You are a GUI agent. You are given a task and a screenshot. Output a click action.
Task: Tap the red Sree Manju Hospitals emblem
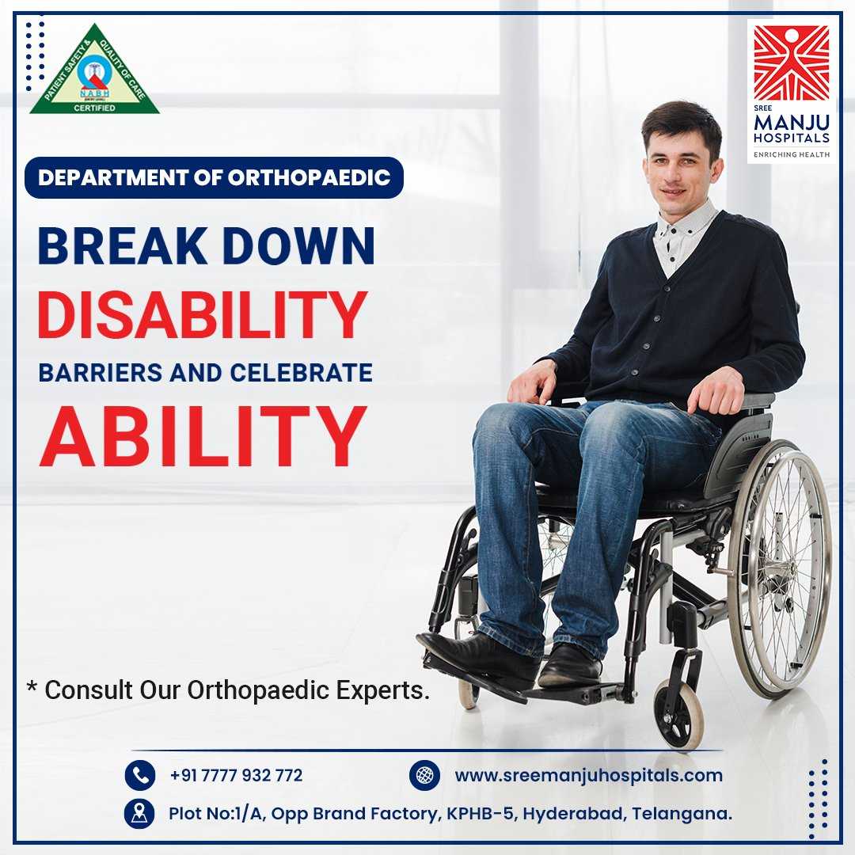tap(791, 63)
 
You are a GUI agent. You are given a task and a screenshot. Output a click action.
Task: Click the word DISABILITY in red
tap(203, 314)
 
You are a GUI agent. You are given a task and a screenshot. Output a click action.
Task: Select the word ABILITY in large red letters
tap(203, 436)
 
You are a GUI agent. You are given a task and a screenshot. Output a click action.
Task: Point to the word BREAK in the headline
tap(123, 246)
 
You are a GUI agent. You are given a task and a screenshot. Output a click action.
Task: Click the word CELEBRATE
tap(301, 373)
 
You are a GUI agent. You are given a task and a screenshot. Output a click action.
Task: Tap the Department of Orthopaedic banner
tap(214, 178)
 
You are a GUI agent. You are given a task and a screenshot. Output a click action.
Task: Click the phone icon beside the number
tap(140, 775)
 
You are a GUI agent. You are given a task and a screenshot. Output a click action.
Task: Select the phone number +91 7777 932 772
tap(236, 775)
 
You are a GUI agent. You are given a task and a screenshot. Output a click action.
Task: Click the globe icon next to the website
tap(425, 775)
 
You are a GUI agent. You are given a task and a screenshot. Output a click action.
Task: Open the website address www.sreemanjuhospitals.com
tap(589, 775)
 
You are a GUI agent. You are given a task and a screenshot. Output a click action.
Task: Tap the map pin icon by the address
tap(140, 814)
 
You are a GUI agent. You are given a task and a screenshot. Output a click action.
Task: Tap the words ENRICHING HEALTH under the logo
tap(792, 155)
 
